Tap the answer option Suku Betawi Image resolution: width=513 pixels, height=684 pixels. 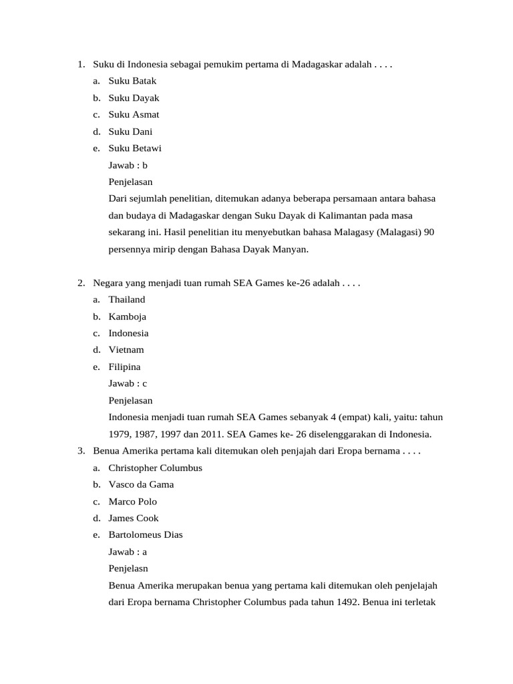(x=135, y=148)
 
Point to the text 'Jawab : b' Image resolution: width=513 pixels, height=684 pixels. (x=128, y=165)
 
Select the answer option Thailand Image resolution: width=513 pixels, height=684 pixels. (x=126, y=300)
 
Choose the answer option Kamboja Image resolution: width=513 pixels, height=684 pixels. (x=127, y=317)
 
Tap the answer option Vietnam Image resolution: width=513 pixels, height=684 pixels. (x=126, y=350)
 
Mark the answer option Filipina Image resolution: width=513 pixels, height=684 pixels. (x=124, y=367)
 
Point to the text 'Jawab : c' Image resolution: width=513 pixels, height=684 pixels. (x=128, y=383)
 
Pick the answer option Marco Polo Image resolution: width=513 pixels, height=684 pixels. (x=132, y=502)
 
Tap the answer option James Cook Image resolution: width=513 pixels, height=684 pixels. (x=134, y=518)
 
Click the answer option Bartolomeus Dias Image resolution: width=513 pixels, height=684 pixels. (x=145, y=535)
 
